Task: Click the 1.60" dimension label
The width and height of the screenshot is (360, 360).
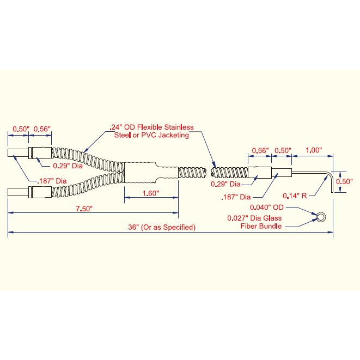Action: point(151,193)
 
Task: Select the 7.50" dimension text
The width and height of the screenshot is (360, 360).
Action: point(84,209)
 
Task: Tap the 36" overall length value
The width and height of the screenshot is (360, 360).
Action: point(133,227)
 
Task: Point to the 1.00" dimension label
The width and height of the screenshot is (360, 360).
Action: point(314,150)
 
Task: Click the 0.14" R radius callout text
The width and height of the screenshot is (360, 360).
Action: point(295,196)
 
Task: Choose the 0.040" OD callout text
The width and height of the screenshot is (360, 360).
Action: point(267,208)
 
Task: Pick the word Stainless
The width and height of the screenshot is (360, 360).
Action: point(179,127)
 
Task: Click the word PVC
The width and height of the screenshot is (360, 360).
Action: point(148,135)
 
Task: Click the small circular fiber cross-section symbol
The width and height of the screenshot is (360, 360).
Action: point(321,217)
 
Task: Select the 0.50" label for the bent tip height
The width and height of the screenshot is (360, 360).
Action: point(344,181)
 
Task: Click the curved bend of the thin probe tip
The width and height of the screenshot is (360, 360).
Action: point(330,174)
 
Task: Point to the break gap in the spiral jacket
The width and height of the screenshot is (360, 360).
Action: point(208,173)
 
